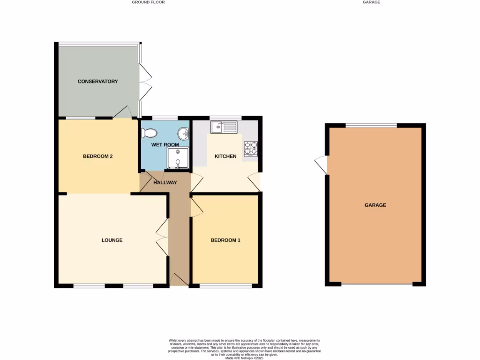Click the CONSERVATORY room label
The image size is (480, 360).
[x=97, y=82]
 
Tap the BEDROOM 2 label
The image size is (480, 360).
[x=97, y=157]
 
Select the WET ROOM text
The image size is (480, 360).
[x=165, y=145]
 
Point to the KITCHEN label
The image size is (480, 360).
[x=225, y=156]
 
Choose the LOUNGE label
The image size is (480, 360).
[x=112, y=240]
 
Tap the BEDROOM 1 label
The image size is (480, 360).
[x=225, y=240]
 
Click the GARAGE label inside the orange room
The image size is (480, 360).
[x=375, y=205]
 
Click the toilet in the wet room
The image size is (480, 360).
[x=149, y=133]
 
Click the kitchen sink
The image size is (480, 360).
[x=225, y=127]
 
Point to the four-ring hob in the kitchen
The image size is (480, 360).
[x=250, y=148]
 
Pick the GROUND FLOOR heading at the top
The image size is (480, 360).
[x=148, y=2]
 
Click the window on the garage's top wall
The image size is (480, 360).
[x=371, y=125]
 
